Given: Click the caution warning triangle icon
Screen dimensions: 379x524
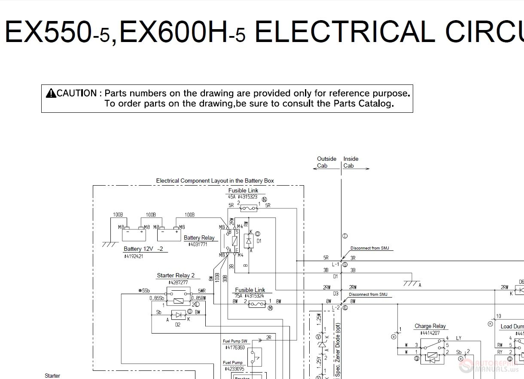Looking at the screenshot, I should [51, 93].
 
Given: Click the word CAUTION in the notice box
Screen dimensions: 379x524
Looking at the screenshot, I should [77, 93].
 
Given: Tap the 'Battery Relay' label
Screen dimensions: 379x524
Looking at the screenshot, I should [199, 238].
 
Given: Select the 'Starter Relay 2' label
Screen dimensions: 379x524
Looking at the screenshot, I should [176, 276].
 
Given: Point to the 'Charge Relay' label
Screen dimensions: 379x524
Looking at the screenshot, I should [430, 326].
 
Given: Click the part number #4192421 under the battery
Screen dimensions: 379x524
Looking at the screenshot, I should [133, 256].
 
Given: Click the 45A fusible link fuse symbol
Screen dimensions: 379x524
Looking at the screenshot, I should [249, 208].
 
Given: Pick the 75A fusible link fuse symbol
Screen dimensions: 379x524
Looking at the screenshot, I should [257, 304].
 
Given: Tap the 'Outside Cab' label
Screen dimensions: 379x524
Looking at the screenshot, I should [326, 162].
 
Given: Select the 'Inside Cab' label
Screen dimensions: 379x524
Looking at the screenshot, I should [350, 162].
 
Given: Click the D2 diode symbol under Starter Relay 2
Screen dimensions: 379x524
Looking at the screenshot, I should [178, 315].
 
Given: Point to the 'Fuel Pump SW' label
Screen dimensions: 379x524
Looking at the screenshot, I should [235, 341].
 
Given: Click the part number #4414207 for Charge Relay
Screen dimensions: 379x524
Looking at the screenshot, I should [430, 333].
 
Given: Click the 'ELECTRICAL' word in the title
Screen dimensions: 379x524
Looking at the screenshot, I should [344, 32].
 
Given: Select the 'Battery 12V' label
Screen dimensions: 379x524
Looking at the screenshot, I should [138, 249].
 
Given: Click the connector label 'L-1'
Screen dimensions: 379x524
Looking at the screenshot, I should [335, 265].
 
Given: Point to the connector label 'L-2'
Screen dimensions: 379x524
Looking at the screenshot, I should [335, 307].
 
